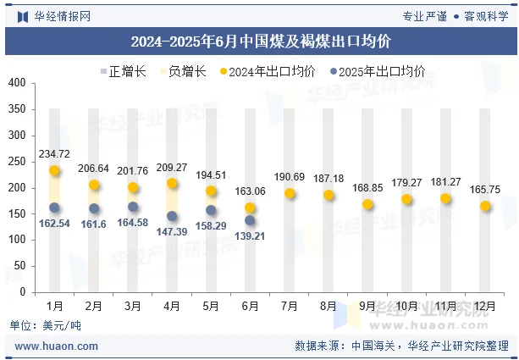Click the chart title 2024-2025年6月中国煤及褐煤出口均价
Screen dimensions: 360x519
(x=260, y=41)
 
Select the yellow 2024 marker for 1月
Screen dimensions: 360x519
(x=54, y=171)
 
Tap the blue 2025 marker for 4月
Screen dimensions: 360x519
(x=172, y=216)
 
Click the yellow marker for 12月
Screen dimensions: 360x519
(x=485, y=206)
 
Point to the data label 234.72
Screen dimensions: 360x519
(x=54, y=153)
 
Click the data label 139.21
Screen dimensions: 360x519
(x=249, y=236)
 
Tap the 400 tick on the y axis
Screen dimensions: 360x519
(x=17, y=83)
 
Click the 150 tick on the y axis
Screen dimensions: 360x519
(x=17, y=213)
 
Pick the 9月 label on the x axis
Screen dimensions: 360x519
(x=367, y=305)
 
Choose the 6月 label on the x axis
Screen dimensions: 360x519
(x=250, y=305)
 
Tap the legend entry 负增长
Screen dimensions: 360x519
(x=180, y=71)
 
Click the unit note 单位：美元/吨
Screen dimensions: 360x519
(x=46, y=325)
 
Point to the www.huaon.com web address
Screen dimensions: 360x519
(x=57, y=346)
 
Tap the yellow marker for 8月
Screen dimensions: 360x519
(x=329, y=195)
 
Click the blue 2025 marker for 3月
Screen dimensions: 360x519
(x=133, y=207)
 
